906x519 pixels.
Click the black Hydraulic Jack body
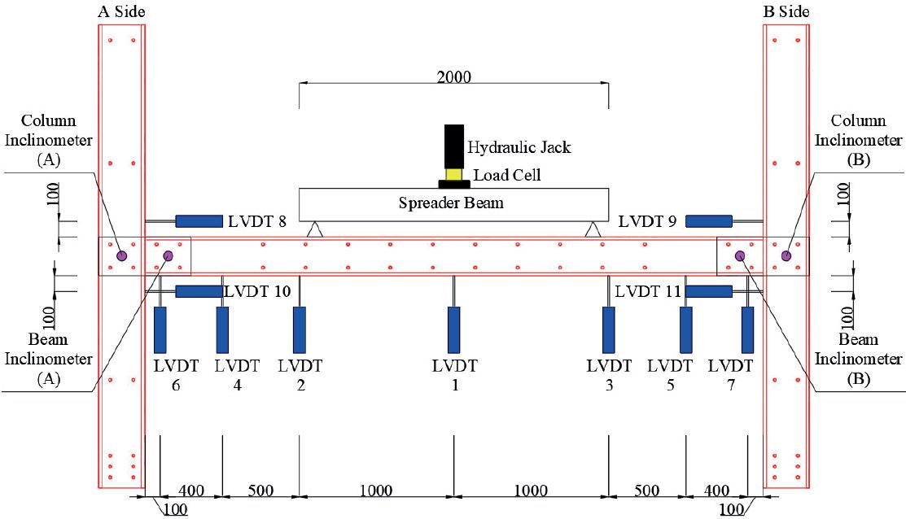pyautogui.click(x=453, y=146)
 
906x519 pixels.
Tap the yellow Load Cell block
pyautogui.click(x=453, y=174)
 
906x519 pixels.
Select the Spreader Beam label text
pyautogui.click(x=450, y=203)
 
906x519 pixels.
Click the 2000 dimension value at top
pyautogui.click(x=453, y=77)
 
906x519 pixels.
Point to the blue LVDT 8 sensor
pyautogui.click(x=199, y=221)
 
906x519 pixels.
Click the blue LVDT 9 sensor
pyautogui.click(x=708, y=221)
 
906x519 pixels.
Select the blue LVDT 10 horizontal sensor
pyautogui.click(x=199, y=291)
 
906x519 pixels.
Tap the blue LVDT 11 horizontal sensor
pyautogui.click(x=708, y=291)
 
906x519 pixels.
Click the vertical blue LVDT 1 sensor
pyautogui.click(x=454, y=330)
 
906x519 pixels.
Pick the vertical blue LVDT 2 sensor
pyautogui.click(x=300, y=330)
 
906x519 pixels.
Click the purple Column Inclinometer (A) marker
pyautogui.click(x=121, y=255)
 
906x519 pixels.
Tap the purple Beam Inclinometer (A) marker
pyautogui.click(x=168, y=255)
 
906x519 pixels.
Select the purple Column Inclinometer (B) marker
pyautogui.click(x=786, y=255)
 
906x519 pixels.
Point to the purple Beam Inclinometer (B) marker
pyautogui.click(x=740, y=255)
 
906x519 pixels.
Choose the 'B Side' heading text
pyautogui.click(x=785, y=11)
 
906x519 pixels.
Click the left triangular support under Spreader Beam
pyautogui.click(x=313, y=229)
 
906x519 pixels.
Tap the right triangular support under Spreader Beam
pyautogui.click(x=594, y=229)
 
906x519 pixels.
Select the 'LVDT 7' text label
pyautogui.click(x=730, y=375)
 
